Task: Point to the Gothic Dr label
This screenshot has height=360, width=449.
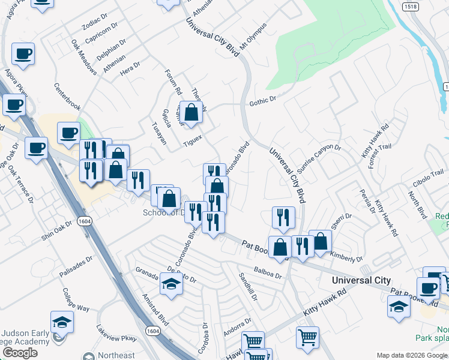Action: coord(262,101)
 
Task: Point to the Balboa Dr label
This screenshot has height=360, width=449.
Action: coord(267,274)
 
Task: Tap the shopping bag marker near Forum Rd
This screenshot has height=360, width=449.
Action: coord(191,112)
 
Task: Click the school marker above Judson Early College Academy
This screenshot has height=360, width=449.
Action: coord(62,322)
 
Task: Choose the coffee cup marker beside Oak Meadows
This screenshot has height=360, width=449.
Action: coord(23,55)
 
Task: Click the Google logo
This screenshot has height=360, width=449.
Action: coord(20,353)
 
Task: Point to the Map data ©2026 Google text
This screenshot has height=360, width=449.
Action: coord(411,355)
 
